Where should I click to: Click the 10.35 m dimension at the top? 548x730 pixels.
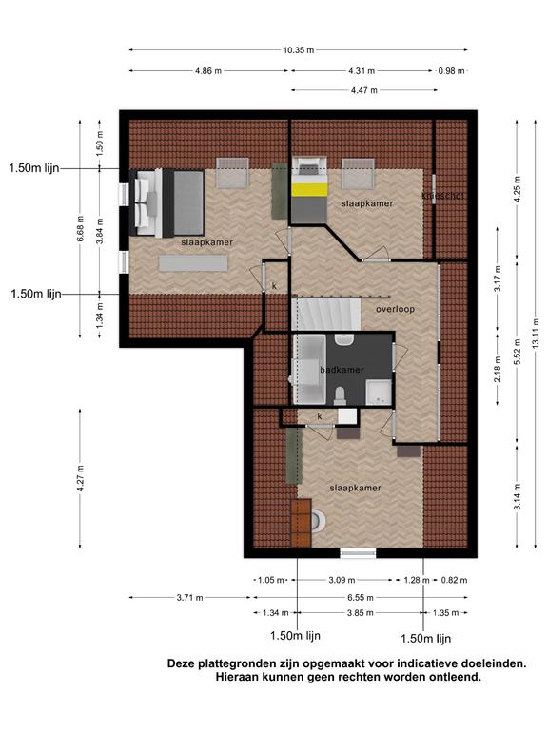coord(298,49)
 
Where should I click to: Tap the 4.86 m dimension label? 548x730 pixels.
coord(208,71)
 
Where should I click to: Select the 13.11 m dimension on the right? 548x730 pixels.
coord(537,333)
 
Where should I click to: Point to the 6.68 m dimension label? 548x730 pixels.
coord(81,228)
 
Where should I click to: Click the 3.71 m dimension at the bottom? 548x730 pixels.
coord(189,597)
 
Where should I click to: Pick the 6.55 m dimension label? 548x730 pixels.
coord(361,597)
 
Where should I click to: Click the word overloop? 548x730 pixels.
coord(395,309)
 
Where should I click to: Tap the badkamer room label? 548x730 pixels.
coord(342,370)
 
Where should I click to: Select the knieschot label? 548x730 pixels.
coord(442,196)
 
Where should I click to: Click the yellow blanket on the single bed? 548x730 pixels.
coord(308,190)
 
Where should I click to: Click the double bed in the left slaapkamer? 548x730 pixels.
coord(169,203)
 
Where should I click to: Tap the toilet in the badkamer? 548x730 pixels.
coord(340,395)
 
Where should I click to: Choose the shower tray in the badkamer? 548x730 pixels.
coord(379,392)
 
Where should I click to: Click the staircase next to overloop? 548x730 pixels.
coord(326,315)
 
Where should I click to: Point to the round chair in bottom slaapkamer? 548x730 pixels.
coord(319,522)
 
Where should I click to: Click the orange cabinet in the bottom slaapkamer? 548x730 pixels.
coord(301,523)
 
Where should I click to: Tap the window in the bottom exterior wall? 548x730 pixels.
coord(358,553)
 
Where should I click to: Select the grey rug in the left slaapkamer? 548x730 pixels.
coord(193,263)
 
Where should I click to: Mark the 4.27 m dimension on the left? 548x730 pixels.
coord(81,478)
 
